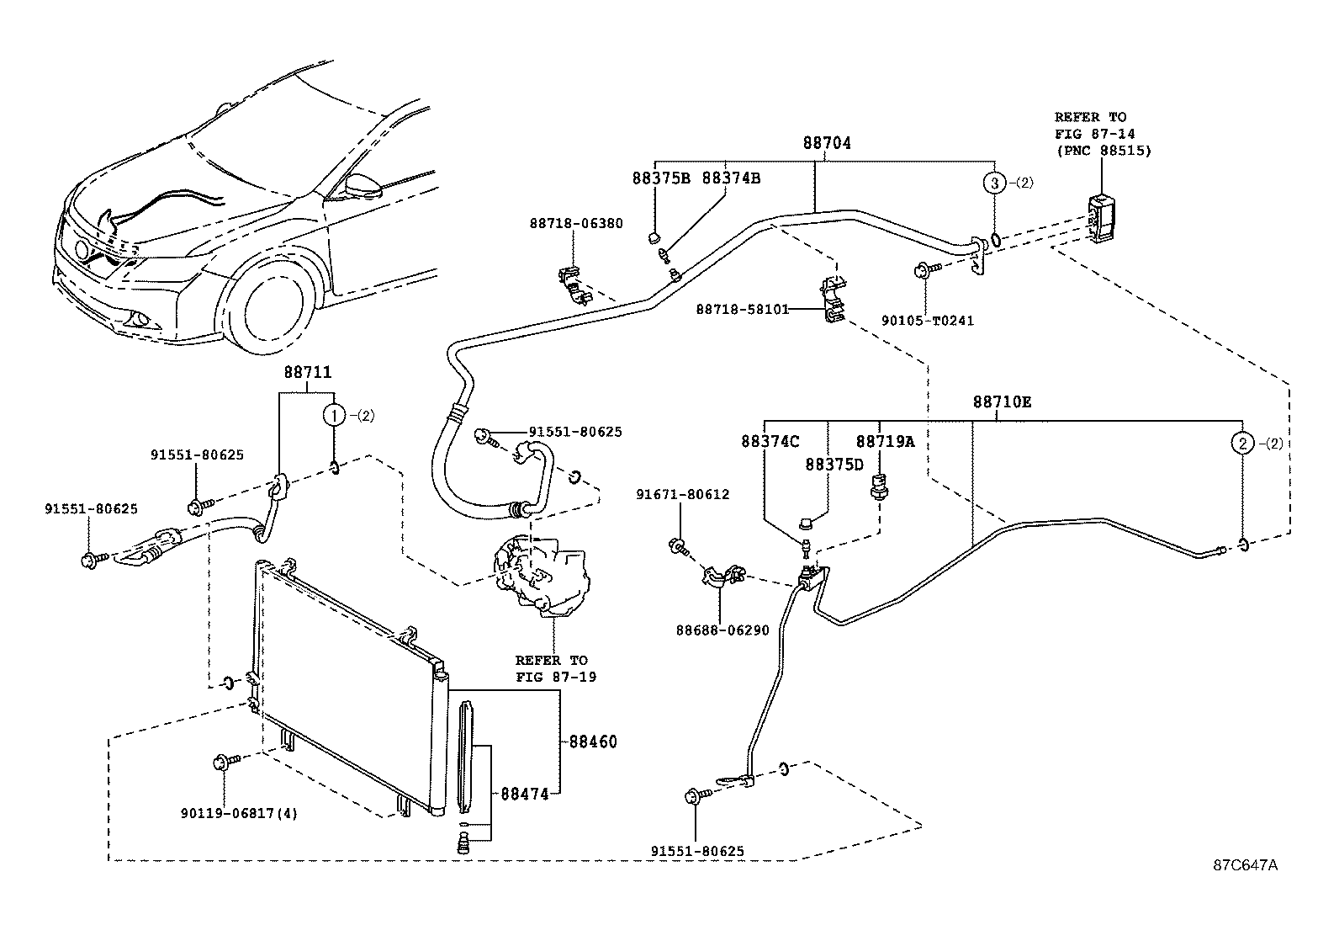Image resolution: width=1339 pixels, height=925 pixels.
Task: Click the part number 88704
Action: click(827, 143)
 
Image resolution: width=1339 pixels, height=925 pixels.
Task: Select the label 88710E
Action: click(1002, 402)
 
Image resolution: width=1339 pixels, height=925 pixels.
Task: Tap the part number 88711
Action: click(307, 372)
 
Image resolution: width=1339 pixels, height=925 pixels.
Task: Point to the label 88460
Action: click(592, 742)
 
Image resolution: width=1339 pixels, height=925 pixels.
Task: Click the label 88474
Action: click(524, 794)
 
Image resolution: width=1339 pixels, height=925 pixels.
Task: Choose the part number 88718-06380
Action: click(576, 223)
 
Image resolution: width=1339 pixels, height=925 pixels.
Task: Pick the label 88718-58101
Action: click(743, 310)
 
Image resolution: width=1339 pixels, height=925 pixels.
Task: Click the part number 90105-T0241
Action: click(928, 321)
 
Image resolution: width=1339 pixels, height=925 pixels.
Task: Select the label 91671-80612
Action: click(683, 494)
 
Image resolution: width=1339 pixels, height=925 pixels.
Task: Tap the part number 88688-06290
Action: click(722, 630)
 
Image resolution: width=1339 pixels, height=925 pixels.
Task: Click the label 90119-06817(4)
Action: click(239, 813)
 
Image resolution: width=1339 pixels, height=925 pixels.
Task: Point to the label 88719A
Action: click(886, 442)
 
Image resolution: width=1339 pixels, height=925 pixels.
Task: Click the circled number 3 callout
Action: click(995, 183)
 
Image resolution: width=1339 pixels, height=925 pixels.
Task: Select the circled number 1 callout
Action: click(335, 415)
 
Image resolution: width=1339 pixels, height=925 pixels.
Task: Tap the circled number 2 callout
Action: click(1243, 444)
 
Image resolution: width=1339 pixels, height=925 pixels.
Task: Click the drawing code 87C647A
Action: click(1245, 865)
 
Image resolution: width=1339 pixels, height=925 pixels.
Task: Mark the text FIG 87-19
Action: click(556, 678)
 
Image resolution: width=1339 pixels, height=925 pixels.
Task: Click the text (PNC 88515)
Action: click(1103, 151)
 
